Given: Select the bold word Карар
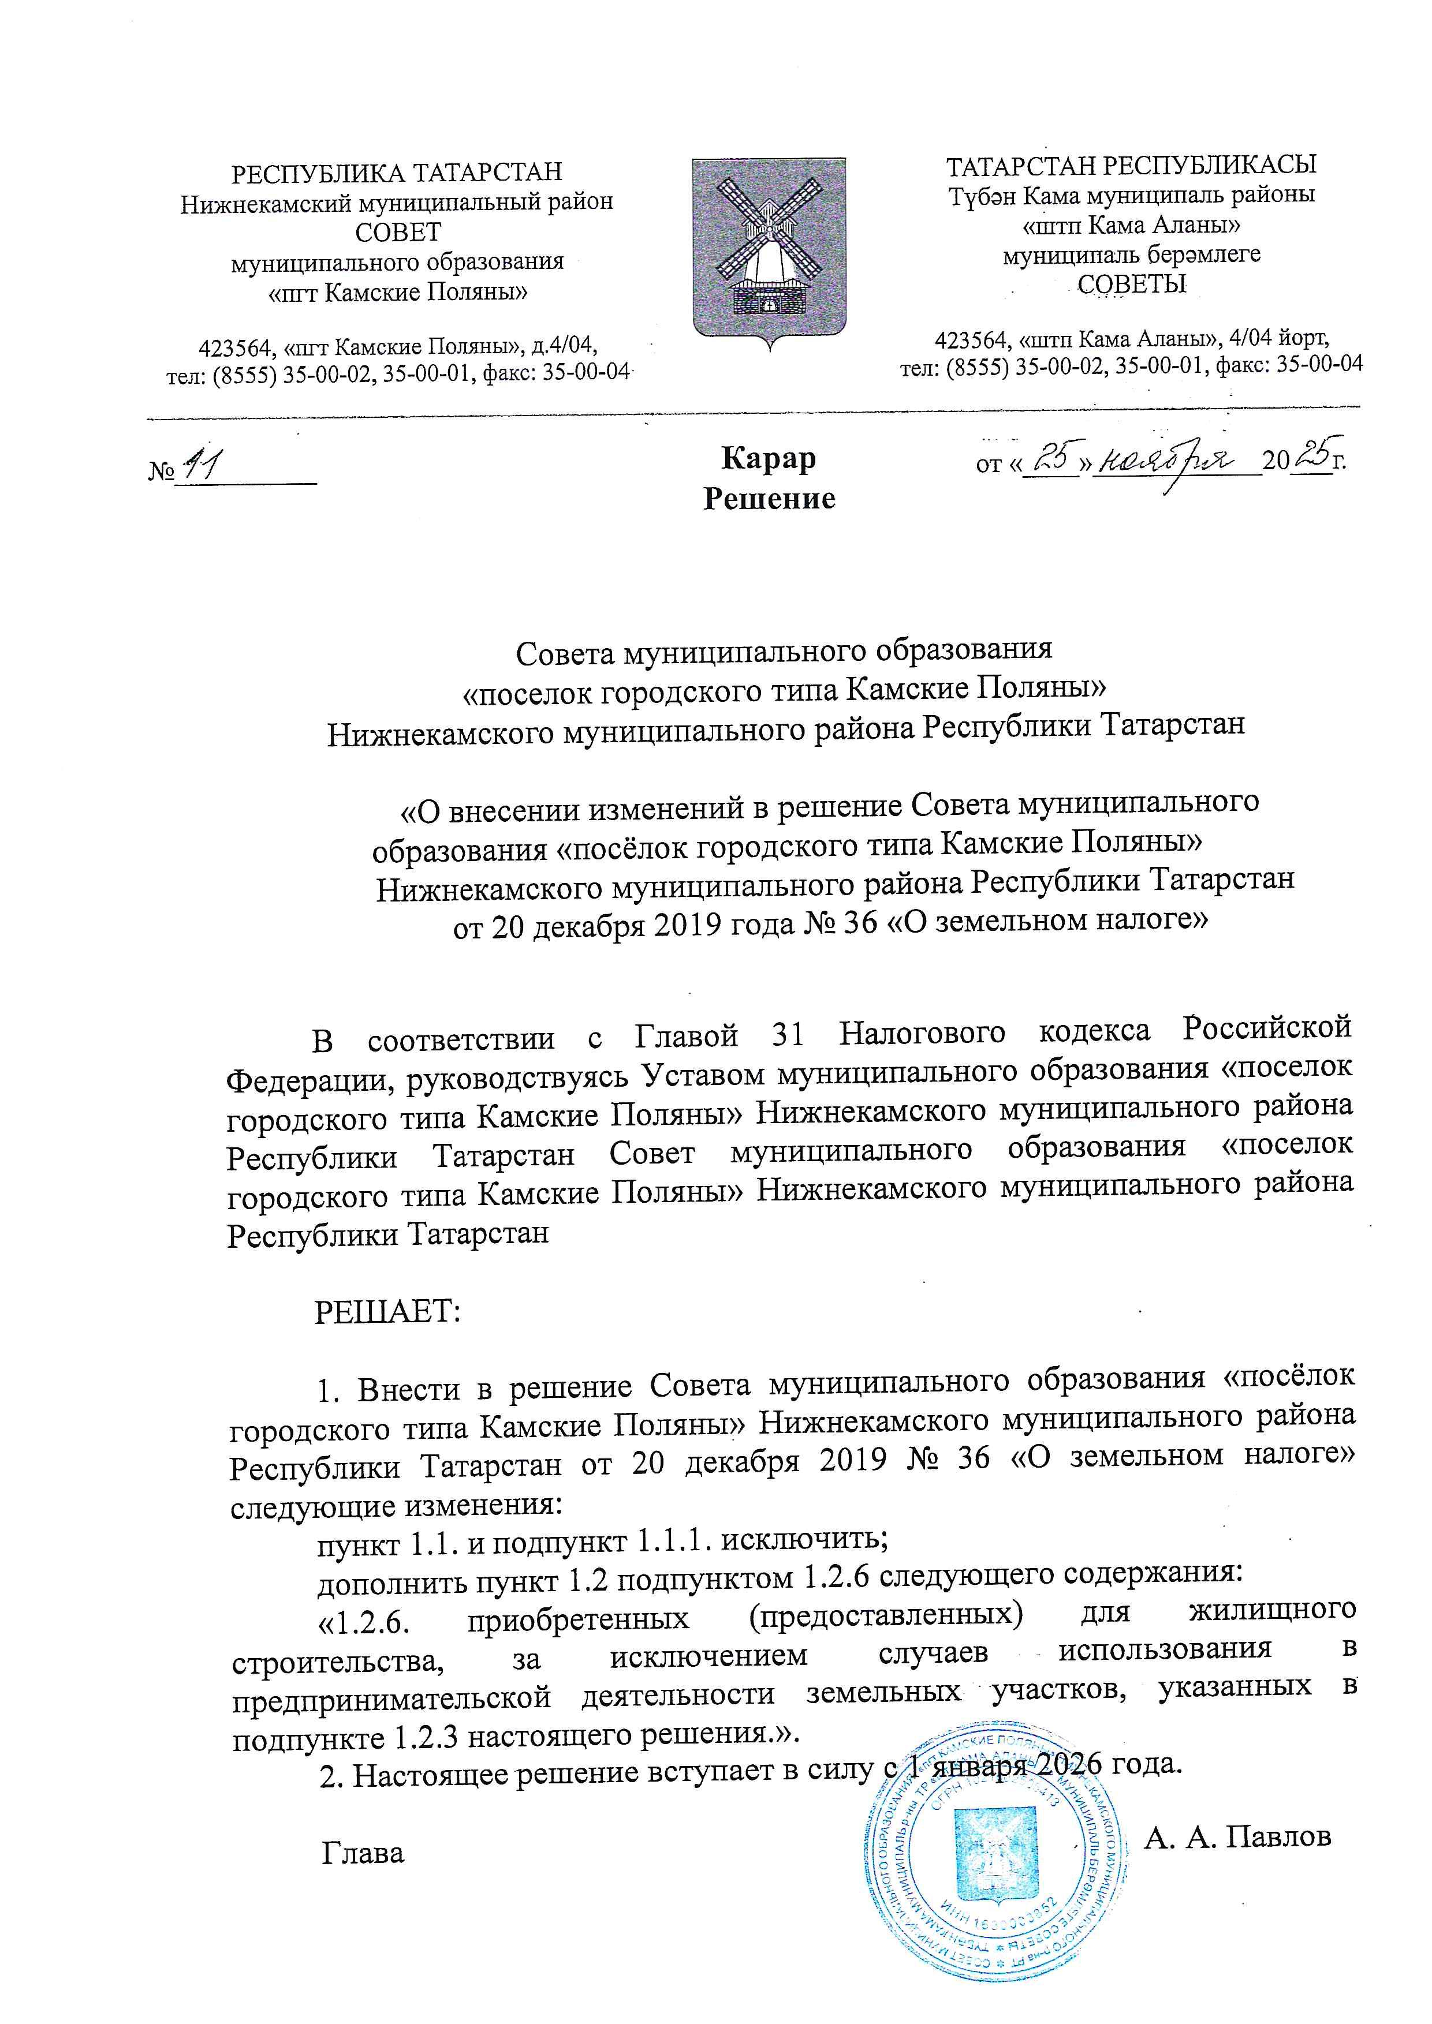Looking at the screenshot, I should [768, 458].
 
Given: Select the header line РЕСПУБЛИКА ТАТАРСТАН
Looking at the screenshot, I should [397, 172].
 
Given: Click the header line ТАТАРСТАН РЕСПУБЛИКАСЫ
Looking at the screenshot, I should [1131, 165].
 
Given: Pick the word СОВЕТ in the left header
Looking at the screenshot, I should [398, 232].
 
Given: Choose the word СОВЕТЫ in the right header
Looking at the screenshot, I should [1132, 284].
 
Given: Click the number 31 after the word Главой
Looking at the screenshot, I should [788, 1034].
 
